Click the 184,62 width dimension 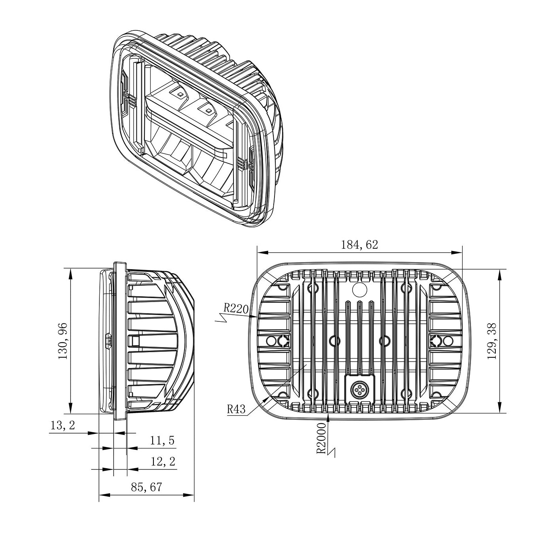point(359,245)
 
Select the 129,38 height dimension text point(492,341)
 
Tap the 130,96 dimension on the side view point(63,341)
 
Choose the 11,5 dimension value point(162,441)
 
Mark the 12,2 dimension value point(162,461)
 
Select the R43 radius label point(236,409)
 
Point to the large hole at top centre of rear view point(359,289)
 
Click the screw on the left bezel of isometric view point(126,95)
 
